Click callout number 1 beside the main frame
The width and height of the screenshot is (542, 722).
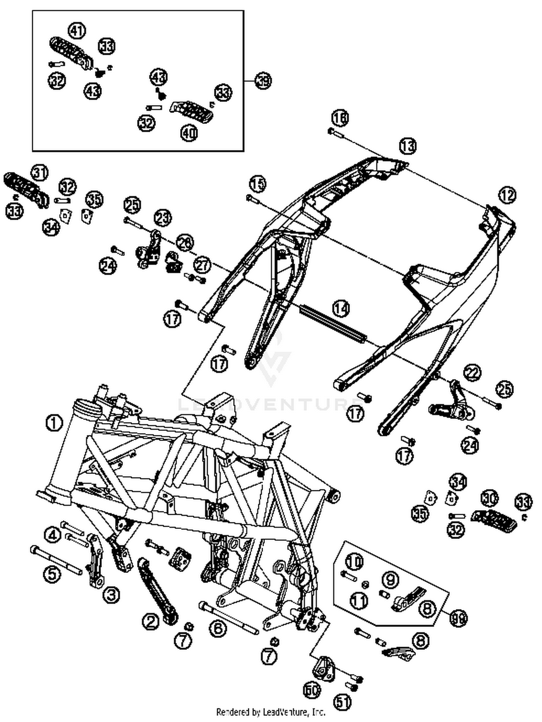point(54,422)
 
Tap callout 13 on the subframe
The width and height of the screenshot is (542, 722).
point(408,146)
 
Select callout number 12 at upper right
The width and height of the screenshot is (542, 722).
point(507,195)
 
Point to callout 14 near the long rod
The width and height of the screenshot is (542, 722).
point(341,308)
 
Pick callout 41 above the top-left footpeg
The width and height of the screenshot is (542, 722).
point(77,31)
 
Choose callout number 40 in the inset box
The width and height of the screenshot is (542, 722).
point(189,133)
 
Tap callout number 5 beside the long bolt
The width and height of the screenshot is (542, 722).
point(52,574)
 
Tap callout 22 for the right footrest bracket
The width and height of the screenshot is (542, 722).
point(473,373)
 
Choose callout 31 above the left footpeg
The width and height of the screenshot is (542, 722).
point(40,173)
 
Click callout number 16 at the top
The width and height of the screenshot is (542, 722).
point(340,118)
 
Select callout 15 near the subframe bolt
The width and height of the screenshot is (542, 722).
point(258,184)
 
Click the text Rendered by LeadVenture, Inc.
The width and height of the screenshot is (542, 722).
point(271,712)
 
